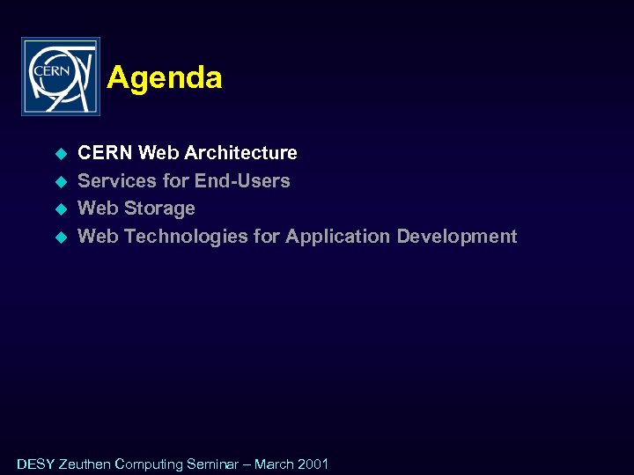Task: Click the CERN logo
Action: [60, 77]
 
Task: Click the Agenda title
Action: [165, 78]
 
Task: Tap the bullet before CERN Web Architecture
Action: [62, 154]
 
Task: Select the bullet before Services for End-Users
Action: [62, 181]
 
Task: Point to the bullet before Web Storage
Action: [62, 209]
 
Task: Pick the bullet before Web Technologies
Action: [62, 237]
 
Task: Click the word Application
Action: [338, 237]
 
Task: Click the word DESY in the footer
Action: [35, 464]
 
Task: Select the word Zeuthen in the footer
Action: [85, 464]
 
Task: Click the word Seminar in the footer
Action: [213, 464]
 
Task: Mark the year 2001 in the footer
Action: [314, 464]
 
